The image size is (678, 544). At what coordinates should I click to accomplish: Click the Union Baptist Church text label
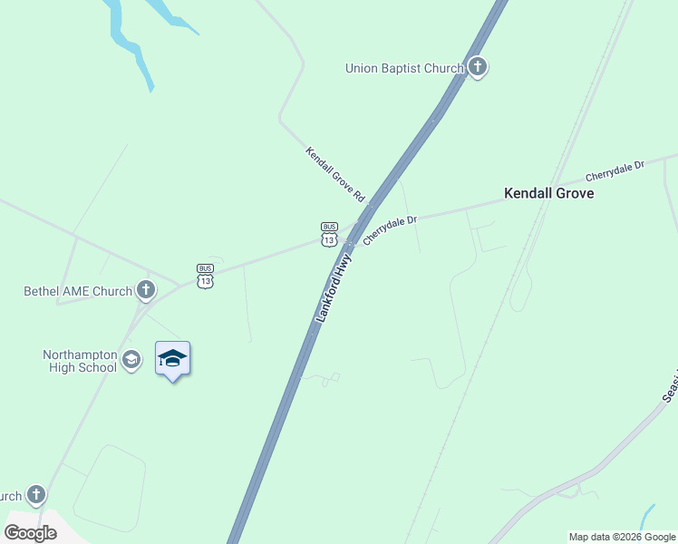404,68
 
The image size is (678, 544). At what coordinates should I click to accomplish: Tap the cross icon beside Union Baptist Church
478,67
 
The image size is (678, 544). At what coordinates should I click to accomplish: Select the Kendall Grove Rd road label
334,174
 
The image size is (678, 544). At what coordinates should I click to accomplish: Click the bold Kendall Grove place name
548,193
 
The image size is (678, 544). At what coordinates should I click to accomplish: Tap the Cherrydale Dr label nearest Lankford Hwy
390,230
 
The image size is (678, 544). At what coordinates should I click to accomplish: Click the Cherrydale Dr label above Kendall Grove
614,170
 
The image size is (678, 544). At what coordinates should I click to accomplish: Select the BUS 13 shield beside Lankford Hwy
329,234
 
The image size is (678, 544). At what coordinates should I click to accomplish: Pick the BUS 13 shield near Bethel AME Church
206,276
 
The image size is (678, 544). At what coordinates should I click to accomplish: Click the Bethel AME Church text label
78,291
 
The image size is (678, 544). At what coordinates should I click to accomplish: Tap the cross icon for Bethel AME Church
145,291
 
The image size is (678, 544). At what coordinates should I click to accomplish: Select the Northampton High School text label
80,361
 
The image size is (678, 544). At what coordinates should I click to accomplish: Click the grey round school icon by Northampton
131,360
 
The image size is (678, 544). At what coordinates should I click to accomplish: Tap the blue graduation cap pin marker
172,360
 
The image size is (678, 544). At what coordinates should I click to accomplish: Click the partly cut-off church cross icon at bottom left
35,495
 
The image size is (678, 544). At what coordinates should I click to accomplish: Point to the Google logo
30,533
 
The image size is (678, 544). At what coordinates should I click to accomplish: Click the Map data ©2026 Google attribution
622,537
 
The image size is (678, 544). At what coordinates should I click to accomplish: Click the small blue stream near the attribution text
647,517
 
